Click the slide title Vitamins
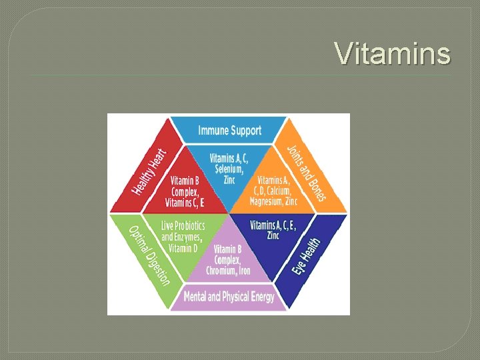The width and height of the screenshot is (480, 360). point(392,53)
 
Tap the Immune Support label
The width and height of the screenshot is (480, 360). point(229,130)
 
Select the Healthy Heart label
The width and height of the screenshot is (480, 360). point(148,171)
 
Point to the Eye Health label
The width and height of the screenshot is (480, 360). point(308,257)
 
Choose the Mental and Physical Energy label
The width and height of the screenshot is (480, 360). point(229,297)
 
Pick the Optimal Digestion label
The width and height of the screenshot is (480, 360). point(149,255)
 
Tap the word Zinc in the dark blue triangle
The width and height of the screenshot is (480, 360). point(273,235)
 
